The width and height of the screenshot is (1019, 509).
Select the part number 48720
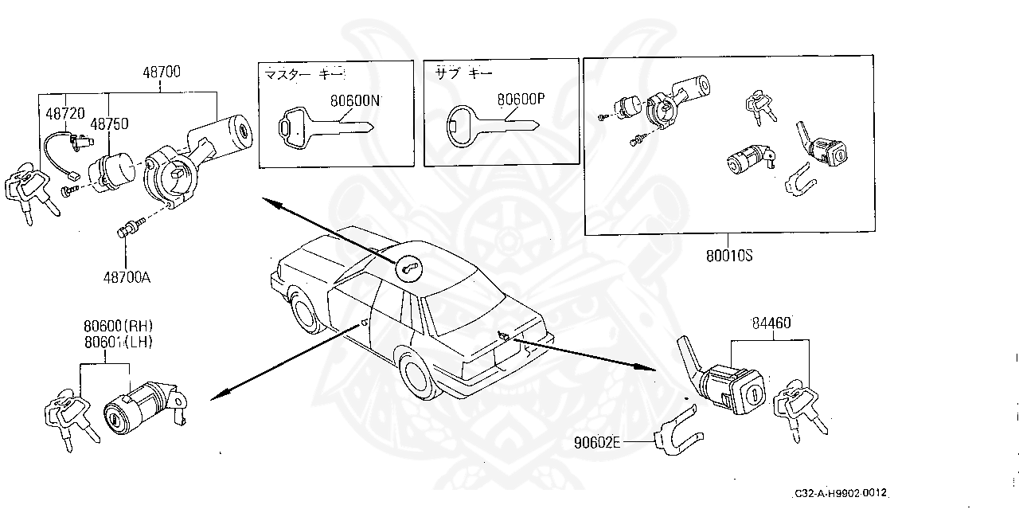coord(64,114)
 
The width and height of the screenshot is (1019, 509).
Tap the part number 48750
coord(109,124)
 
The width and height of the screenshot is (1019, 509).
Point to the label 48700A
coord(127,277)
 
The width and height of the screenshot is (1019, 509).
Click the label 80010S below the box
coord(728,256)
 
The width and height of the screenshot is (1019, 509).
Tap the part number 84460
coord(771,323)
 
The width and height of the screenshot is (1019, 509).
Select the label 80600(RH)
coord(118,326)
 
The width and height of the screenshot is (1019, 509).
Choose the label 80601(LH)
coord(118,341)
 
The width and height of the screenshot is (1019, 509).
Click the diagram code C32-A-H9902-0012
coord(840,494)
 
